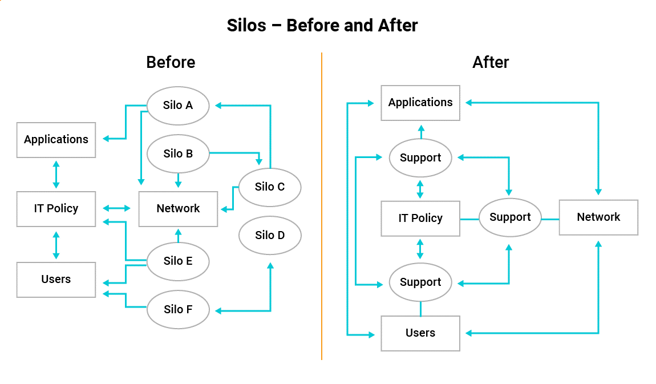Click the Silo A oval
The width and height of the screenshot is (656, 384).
pyautogui.click(x=178, y=106)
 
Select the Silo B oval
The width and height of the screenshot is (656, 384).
pyautogui.click(x=178, y=153)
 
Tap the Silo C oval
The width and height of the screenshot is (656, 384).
pyautogui.click(x=270, y=187)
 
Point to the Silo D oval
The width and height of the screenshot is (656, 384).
pyautogui.click(x=270, y=235)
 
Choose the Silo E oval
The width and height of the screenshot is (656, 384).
pyautogui.click(x=178, y=261)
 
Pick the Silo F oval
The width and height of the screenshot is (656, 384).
pyautogui.click(x=178, y=310)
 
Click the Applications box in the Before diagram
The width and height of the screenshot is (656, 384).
pyautogui.click(x=56, y=140)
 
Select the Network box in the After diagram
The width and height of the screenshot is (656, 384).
pyautogui.click(x=598, y=217)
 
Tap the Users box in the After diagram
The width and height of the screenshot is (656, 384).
pyautogui.click(x=420, y=333)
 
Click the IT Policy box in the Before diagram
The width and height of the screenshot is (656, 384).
pyautogui.click(x=56, y=209)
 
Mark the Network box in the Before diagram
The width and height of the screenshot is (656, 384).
pyautogui.click(x=178, y=209)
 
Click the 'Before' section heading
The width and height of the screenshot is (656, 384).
pyautogui.click(x=171, y=62)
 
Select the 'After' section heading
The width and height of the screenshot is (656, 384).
pyautogui.click(x=491, y=62)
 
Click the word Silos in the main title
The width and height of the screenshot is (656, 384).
pyautogui.click(x=247, y=26)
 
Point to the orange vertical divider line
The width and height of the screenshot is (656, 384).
pyautogui.click(x=322, y=205)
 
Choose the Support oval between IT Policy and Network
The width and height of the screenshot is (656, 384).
pyautogui.click(x=510, y=217)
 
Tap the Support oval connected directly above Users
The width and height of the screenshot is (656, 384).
pyautogui.click(x=420, y=282)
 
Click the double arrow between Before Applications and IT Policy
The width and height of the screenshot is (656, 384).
pyautogui.click(x=56, y=174)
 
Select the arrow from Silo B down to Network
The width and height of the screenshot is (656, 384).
pyautogui.click(x=178, y=180)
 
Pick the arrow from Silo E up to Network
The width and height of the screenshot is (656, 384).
pyautogui.click(x=178, y=236)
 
